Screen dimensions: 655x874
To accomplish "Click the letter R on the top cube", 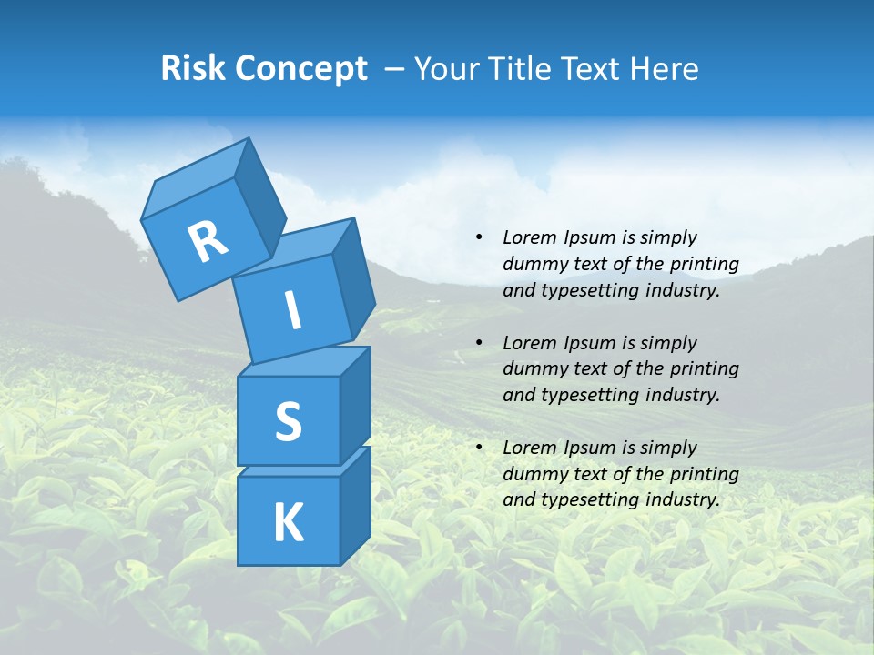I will [208, 242].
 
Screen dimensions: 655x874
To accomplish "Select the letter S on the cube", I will [288, 421].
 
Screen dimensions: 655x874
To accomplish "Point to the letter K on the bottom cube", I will [288, 523].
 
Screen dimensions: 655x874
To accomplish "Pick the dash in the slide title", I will [395, 69].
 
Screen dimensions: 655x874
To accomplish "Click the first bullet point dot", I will [479, 237].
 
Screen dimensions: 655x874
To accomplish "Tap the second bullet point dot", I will [479, 343].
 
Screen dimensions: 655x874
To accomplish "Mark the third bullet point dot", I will [479, 448].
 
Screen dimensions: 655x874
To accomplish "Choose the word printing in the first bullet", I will [703, 264].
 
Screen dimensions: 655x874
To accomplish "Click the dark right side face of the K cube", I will [355, 505].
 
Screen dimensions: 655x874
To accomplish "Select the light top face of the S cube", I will [300, 363].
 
